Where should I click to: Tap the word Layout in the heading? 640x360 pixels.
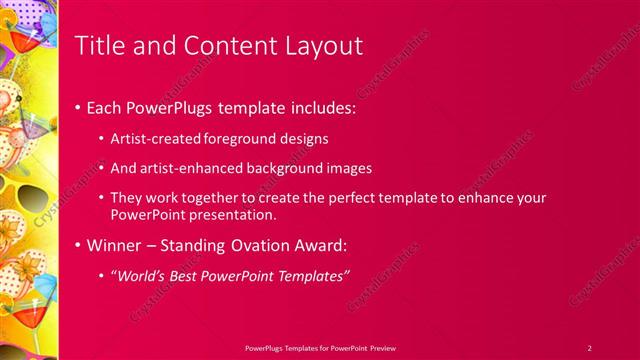pyautogui.click(x=321, y=46)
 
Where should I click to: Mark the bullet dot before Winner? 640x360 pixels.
pyautogui.click(x=79, y=245)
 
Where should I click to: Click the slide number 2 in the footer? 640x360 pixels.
pyautogui.click(x=589, y=347)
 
